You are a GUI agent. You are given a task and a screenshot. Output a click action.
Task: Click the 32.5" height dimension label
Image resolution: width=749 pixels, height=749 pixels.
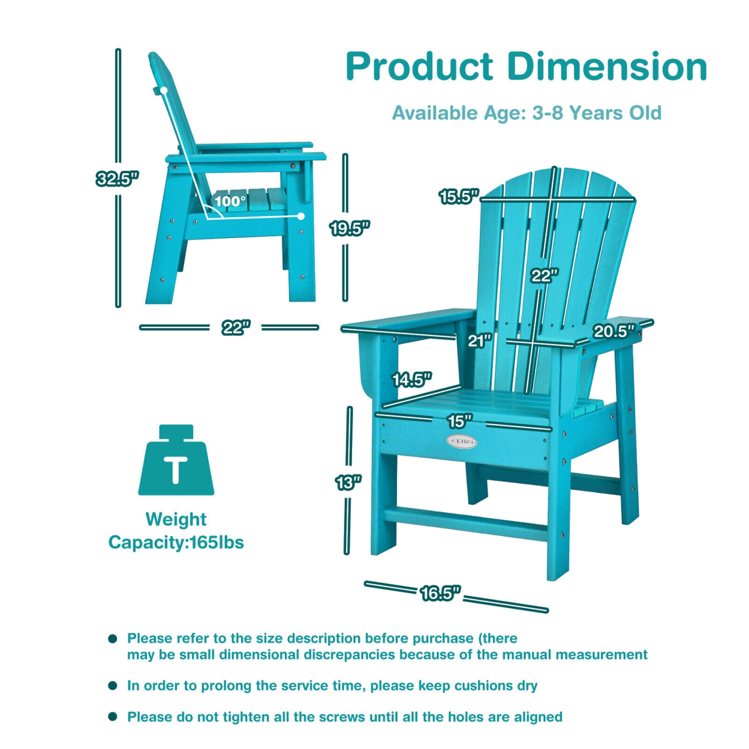[x=117, y=178]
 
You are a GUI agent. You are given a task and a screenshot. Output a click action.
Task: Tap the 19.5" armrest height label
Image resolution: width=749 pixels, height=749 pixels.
[x=350, y=228]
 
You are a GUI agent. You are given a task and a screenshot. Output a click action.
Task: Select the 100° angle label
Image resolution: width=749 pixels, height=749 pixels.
[x=230, y=201]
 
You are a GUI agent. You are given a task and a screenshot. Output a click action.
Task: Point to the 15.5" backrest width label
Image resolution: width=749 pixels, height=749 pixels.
[x=459, y=197]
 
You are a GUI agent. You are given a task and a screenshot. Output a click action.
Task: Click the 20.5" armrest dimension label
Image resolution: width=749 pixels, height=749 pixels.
[x=614, y=331]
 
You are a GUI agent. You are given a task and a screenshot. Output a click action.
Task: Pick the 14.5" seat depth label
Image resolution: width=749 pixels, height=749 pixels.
[x=411, y=380]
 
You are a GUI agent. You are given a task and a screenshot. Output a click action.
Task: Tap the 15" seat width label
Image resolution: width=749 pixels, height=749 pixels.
[x=459, y=421]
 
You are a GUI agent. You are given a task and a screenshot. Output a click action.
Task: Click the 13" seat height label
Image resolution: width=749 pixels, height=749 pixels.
[x=348, y=483]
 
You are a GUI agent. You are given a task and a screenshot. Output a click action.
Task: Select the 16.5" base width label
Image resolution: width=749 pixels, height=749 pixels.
[x=440, y=593]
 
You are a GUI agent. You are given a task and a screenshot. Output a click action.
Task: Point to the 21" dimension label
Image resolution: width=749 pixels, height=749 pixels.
[x=480, y=341]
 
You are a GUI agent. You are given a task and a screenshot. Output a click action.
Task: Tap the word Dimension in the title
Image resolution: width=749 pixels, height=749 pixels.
[x=607, y=66]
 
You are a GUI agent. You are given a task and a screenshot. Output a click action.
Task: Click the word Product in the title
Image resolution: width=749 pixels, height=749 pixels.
[x=419, y=66]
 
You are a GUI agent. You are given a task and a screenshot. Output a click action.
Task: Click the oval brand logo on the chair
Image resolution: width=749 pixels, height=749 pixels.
[x=461, y=441]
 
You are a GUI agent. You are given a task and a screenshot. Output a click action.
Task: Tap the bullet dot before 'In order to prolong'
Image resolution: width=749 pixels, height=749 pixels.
[x=113, y=686]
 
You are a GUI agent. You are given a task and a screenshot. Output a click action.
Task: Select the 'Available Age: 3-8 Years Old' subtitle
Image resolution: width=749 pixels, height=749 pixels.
[x=526, y=113]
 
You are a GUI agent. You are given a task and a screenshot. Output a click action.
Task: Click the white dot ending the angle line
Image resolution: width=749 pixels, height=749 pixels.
[x=301, y=216]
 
